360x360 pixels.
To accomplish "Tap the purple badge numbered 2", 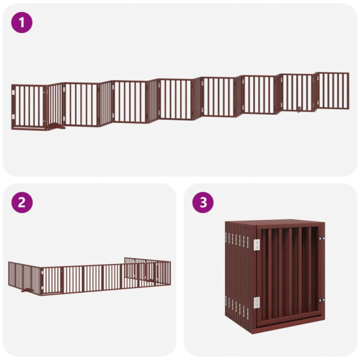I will coord(22,202).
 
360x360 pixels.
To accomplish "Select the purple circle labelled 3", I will coord(203,202).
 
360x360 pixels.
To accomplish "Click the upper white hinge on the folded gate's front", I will coord(257,244).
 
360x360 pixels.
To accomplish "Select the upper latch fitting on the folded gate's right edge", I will coord(323,239).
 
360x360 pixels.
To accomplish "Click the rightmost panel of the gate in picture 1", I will coord(333,91).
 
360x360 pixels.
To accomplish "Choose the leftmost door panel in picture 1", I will coord(28,107).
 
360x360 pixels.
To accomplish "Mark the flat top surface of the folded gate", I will coord(276,221).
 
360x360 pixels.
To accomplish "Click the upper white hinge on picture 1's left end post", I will coord(13,92).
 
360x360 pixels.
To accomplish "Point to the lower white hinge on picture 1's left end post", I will coord(13,116).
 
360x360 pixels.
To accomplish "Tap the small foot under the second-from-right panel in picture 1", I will coord(298,110).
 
